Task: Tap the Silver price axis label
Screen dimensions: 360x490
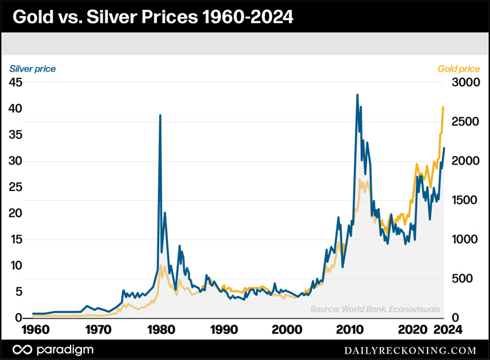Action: click(31, 69)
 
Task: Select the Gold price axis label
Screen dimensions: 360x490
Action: click(460, 69)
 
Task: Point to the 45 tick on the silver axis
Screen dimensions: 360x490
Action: click(16, 83)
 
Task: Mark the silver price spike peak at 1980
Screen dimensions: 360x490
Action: click(160, 115)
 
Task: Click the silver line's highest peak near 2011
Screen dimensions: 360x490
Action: click(357, 95)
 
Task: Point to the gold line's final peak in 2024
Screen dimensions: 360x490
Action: click(443, 107)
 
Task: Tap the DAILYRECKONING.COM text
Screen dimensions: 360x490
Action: click(418, 350)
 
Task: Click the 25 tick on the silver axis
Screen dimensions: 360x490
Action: click(16, 187)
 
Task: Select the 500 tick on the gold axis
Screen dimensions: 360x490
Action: click(462, 279)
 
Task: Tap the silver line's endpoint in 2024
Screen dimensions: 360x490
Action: click(444, 148)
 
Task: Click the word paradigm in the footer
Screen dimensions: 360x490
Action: click(64, 349)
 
